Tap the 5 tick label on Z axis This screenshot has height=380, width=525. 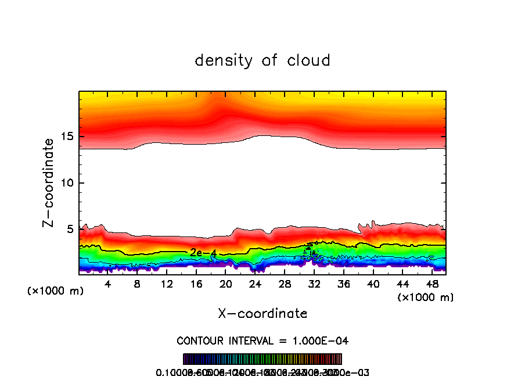click(69, 229)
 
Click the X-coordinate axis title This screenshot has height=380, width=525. click(262, 314)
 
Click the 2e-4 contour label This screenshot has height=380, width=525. click(203, 253)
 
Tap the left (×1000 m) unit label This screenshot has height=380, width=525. click(56, 291)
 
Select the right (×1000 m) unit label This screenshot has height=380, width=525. click(425, 297)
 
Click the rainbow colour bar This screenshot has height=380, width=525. click(262, 359)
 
